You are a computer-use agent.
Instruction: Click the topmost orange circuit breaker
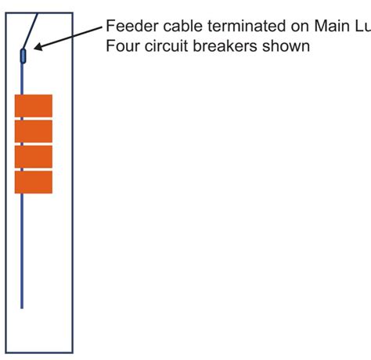click(x=34, y=106)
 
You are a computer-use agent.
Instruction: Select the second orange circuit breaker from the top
click(x=34, y=131)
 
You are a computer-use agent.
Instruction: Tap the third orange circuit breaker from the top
click(x=34, y=157)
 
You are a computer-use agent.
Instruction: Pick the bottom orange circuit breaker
click(x=34, y=182)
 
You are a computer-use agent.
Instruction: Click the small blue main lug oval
click(x=23, y=55)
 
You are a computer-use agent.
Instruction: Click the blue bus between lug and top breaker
click(x=22, y=78)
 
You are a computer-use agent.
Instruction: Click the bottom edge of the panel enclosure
click(x=39, y=353)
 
